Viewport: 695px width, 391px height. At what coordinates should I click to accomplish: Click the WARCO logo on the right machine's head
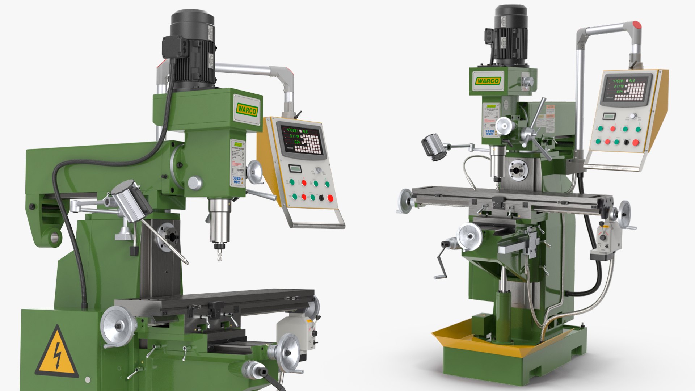pyautogui.click(x=487, y=81)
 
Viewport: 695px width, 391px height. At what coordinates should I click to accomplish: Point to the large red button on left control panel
pyautogui.click(x=330, y=198)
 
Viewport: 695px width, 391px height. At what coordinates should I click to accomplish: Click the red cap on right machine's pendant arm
pyautogui.click(x=636, y=25)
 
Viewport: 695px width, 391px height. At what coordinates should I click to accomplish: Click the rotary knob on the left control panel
pyautogui.click(x=319, y=170)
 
